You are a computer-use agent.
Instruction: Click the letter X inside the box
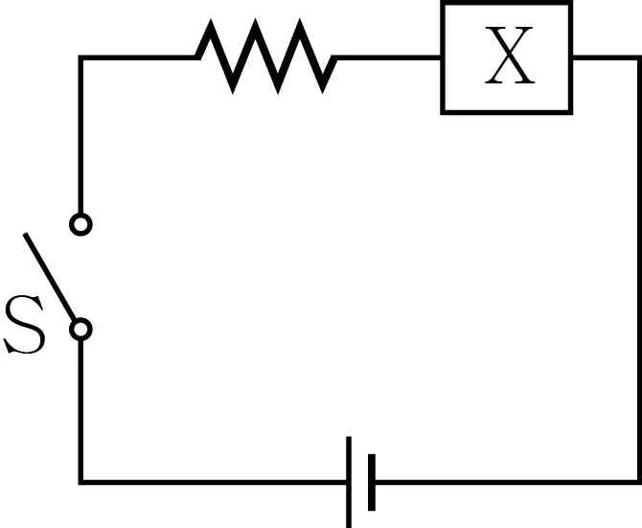coord(510,56)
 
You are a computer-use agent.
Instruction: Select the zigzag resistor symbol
coord(266,57)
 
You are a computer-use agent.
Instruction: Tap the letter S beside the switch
coord(25,324)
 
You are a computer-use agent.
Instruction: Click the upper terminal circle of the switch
coord(80,224)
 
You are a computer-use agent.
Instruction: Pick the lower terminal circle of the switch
coord(80,329)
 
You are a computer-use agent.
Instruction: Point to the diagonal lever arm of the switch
coord(50,277)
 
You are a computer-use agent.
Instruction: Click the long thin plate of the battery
coord(349,482)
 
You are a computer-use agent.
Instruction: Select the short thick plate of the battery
coord(372,482)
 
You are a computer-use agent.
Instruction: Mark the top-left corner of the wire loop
coord(80,57)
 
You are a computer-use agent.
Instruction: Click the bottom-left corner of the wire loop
coord(80,482)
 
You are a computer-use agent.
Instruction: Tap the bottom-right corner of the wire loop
coord(639,482)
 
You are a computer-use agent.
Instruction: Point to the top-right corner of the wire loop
coord(639,57)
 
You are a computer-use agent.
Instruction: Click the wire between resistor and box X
coord(388,57)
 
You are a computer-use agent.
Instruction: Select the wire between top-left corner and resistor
coord(138,57)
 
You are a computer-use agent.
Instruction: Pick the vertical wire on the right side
coord(639,270)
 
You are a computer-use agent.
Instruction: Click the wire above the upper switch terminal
coord(80,135)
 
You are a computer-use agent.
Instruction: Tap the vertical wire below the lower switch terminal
coord(80,411)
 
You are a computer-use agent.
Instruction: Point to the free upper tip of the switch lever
coord(25,234)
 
